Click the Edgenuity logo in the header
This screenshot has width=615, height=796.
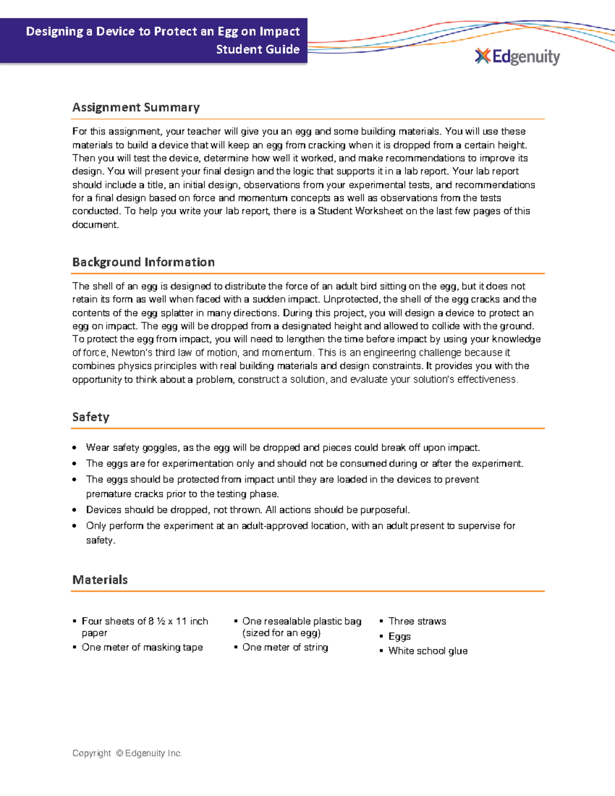518,56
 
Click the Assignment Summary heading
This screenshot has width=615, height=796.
136,107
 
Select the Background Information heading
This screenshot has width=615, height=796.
143,262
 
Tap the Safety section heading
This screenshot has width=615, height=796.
91,417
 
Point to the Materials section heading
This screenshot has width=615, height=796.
100,580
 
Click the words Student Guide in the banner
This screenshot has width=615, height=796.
258,49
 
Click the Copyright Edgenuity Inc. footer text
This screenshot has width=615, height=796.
127,753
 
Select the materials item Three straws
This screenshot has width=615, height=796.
417,621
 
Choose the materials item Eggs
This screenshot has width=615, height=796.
399,636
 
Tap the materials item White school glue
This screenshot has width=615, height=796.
428,651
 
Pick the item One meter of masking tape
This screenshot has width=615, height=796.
142,647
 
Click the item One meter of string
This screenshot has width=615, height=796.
285,647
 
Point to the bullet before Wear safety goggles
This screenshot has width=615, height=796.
75,448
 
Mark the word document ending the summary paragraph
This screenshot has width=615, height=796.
95,224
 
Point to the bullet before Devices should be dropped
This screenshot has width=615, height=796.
75,510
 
